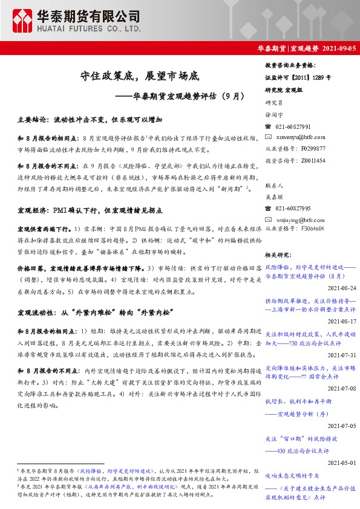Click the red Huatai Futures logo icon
pos(22,21)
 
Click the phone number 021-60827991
pos(293,127)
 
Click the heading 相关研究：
pos(280,255)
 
